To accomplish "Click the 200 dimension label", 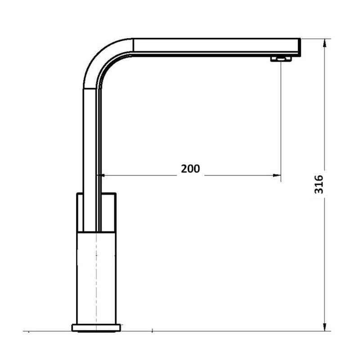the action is (190, 169).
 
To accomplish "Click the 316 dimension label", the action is (319, 184).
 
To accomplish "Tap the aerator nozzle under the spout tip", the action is (281, 59).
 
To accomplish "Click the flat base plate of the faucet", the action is (96, 328).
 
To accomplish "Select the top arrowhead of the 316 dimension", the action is (324, 43).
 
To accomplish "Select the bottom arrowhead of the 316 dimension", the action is (324, 327).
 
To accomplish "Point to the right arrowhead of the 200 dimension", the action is (277, 175).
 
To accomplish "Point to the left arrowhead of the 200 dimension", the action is (101, 175).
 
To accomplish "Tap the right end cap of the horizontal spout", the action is (299, 47).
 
